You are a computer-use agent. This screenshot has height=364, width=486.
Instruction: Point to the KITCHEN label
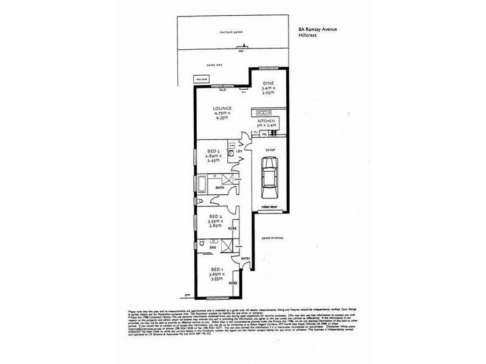point(267,121)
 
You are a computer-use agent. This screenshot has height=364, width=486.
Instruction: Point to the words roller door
point(269,207)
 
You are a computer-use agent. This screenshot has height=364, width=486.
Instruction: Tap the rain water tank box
point(199,78)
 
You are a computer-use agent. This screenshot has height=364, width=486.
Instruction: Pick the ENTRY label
point(245,259)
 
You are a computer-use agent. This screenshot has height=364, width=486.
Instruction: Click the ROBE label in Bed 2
point(232,229)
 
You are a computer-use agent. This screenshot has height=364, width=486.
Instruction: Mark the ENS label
point(213,248)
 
